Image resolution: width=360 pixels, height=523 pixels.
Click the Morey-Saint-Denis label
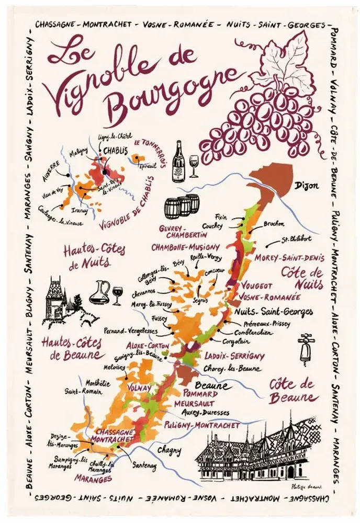pyautogui.click(x=290, y=258)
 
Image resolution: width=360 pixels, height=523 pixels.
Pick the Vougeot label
pyautogui.click(x=256, y=286)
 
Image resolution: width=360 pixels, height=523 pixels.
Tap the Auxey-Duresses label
pyautogui.click(x=208, y=412)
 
